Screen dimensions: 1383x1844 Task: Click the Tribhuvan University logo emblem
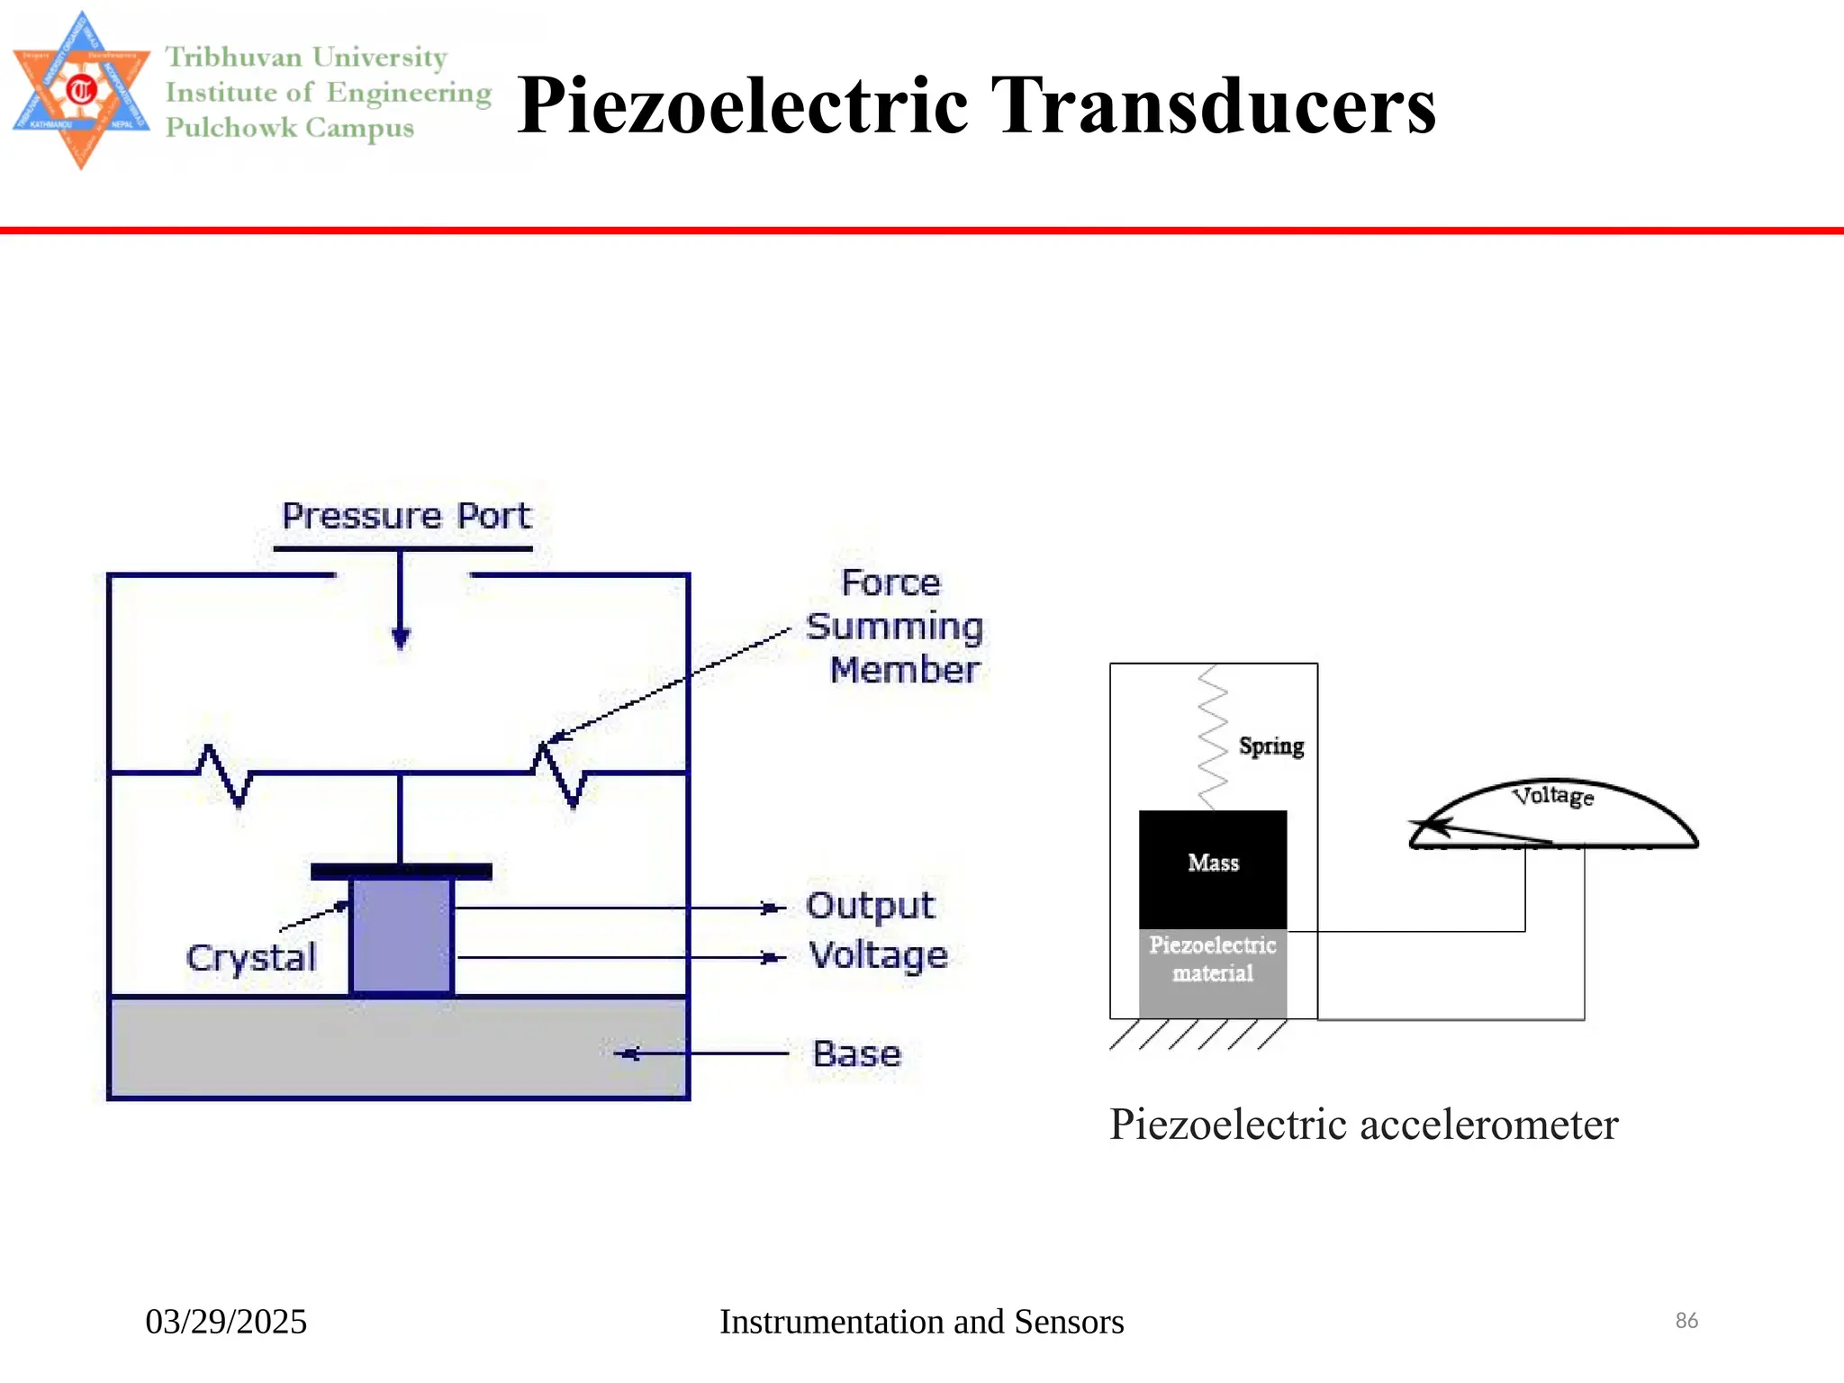coord(81,90)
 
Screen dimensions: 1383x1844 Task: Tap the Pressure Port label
coord(406,516)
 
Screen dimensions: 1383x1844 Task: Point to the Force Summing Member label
coord(894,627)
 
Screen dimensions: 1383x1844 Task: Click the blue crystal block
coord(401,936)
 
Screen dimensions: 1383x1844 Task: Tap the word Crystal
coord(251,958)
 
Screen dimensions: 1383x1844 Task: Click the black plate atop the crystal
coord(401,871)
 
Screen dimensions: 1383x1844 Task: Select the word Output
coord(870,906)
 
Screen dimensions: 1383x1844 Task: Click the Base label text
coord(856,1053)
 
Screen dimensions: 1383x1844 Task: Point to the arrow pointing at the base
coord(702,1053)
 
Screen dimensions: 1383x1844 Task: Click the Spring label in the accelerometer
coord(1270,746)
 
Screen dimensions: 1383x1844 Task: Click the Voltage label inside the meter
coord(1553,796)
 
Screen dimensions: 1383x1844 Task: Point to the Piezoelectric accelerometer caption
coord(1363,1125)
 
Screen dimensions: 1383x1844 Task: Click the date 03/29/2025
coord(226,1322)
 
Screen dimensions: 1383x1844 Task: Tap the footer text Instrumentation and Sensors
coord(921,1322)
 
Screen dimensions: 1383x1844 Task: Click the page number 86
coord(1686,1321)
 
